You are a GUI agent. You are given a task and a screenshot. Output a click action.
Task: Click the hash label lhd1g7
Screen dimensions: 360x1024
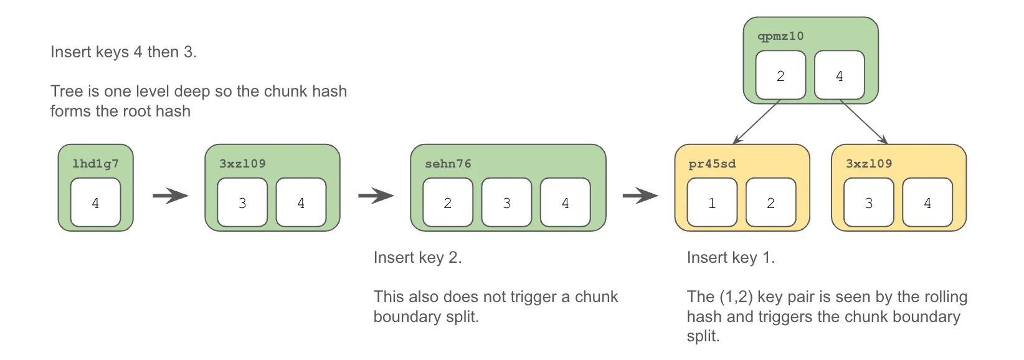[95, 164]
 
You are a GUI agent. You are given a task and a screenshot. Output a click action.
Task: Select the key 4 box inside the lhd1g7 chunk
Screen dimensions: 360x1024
[95, 202]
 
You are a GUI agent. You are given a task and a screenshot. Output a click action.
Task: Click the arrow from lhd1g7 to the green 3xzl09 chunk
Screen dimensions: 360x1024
[170, 196]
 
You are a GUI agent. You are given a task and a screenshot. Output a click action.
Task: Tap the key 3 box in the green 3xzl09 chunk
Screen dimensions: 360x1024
[242, 202]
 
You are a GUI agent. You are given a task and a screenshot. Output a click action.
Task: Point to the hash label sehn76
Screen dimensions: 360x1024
[448, 164]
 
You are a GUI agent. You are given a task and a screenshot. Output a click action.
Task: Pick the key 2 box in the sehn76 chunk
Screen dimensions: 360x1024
[447, 202]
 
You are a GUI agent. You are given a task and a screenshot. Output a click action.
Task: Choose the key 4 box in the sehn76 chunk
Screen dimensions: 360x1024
[565, 202]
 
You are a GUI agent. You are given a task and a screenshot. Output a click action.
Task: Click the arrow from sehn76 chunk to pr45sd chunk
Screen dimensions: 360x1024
[640, 196]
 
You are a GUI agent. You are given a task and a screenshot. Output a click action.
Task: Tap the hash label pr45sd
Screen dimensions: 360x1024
[712, 164]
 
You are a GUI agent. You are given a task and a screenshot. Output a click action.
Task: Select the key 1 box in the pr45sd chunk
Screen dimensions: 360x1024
[712, 202]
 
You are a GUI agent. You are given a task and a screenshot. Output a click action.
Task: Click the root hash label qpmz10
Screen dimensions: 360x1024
[780, 36]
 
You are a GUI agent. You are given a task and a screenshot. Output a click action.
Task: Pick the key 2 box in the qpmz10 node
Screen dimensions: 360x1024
[780, 75]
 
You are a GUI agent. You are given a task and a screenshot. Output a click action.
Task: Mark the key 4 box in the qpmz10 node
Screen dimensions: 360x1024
[839, 75]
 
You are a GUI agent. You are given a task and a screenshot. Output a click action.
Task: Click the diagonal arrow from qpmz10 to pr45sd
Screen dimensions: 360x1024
[756, 123]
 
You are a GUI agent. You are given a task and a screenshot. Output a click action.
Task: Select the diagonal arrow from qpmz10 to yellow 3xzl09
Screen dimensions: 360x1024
[864, 123]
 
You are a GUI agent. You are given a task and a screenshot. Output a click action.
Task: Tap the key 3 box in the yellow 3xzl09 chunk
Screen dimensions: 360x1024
[868, 202]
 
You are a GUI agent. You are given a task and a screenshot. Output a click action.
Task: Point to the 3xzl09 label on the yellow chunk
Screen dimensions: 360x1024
[868, 164]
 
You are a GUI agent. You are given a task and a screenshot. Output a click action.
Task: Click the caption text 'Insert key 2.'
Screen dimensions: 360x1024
[417, 257]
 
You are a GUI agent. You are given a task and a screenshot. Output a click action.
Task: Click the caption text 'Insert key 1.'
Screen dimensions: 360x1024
[731, 257]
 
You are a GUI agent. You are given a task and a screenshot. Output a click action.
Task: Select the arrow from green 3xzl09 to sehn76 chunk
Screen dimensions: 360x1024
[376, 196]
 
